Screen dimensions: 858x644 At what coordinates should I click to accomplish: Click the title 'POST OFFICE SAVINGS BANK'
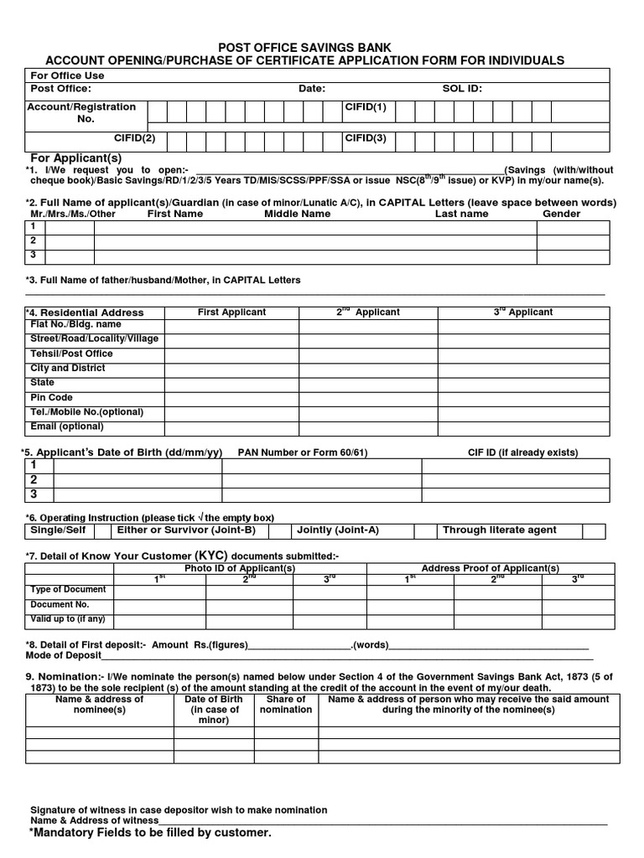click(304, 48)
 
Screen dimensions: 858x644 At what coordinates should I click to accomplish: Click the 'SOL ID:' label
click(462, 89)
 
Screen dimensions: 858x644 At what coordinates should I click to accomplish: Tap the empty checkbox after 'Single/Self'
click(102, 530)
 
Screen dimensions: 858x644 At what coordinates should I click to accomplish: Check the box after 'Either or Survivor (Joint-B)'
click(279, 530)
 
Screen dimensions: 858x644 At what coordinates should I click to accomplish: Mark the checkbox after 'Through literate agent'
click(594, 530)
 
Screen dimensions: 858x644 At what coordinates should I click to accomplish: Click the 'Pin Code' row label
click(52, 397)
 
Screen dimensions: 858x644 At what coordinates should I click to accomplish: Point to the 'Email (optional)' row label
click(67, 426)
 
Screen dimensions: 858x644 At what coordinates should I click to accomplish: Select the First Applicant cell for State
click(231, 383)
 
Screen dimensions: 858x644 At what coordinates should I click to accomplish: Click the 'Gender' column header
click(561, 214)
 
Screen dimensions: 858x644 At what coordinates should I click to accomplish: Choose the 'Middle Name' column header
click(298, 214)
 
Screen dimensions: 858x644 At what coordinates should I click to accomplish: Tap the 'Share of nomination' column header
click(286, 705)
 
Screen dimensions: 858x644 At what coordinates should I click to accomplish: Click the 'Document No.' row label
click(60, 604)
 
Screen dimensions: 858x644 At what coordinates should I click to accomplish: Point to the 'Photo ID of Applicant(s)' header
click(240, 568)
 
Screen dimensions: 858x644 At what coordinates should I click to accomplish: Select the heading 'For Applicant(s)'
click(76, 158)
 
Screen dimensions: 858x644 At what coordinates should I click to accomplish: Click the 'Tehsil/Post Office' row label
click(71, 354)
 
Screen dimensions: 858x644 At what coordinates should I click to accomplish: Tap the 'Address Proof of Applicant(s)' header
click(490, 568)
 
